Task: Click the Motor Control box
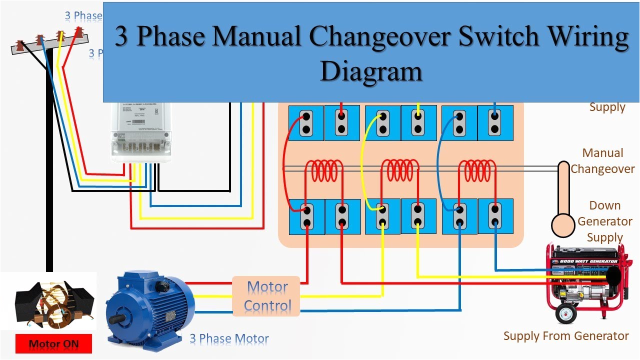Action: pos(266,296)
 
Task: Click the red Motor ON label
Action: pos(53,343)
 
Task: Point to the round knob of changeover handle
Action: pos(563,225)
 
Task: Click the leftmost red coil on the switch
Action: pos(324,171)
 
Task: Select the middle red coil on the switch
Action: pos(400,171)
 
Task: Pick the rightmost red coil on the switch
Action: pos(477,171)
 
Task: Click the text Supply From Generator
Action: pos(566,336)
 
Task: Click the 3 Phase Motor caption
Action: pos(229,339)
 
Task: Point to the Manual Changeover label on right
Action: pos(602,161)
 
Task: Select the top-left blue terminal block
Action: pos(306,123)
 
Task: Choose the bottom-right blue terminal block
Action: pos(495,216)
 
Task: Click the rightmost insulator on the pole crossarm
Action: pos(78,33)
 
